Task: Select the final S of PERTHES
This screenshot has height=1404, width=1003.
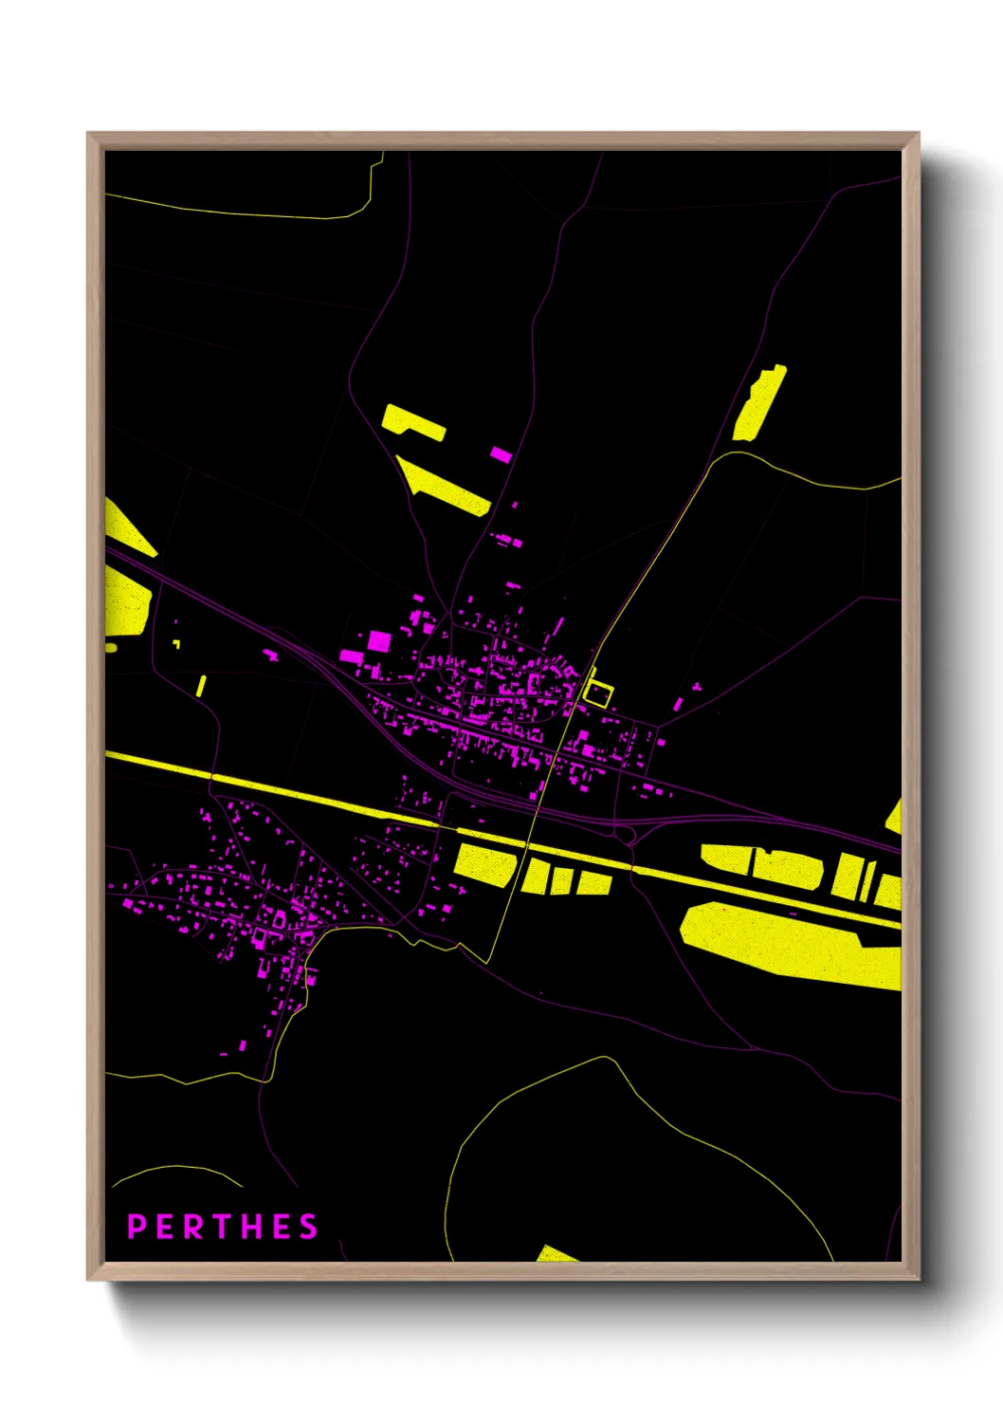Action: pos(308,1227)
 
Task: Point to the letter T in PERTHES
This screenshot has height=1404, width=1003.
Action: pos(222,1227)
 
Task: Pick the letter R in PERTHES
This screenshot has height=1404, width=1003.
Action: pos(193,1227)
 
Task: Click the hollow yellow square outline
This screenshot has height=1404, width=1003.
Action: pos(598,694)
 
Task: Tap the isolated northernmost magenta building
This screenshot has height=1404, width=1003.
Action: pos(501,454)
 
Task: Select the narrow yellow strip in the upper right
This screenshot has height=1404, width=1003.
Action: pos(760,403)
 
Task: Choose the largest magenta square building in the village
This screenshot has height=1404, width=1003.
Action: pos(379,640)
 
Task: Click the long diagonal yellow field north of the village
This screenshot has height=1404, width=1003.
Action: pos(444,486)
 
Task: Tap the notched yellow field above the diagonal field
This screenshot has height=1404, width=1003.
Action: pos(412,421)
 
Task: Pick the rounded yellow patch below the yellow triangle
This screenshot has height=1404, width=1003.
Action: pos(127,603)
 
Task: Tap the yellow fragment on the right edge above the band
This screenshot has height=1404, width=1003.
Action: pos(893,816)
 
